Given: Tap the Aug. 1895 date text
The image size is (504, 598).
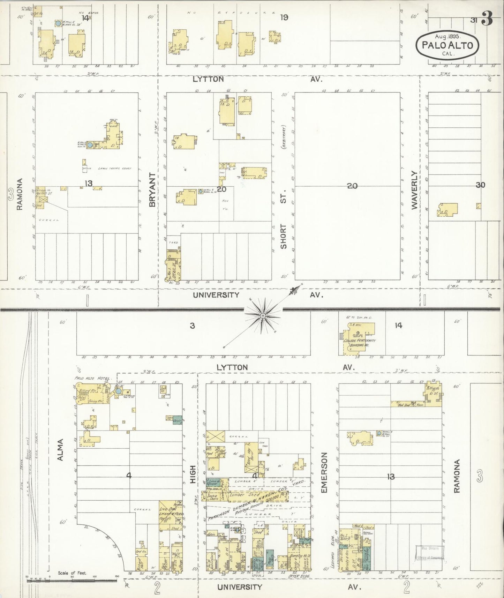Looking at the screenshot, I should coord(448,36).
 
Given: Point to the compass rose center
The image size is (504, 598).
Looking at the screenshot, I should coord(262,315).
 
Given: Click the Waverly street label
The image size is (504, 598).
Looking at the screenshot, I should coord(414,190).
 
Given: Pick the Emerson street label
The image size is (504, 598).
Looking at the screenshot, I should coord(324,472).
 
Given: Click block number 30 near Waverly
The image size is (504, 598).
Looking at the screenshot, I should coord(481,185).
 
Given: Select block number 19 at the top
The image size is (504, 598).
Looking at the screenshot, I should coord(284,17).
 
